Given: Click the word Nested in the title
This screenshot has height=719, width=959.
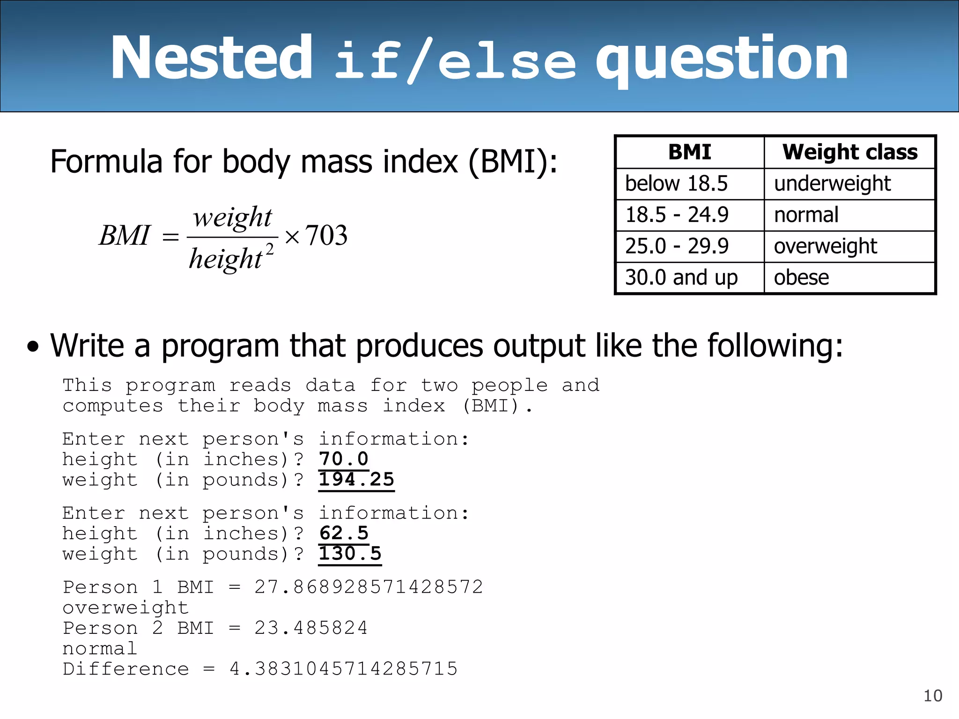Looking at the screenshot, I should pyautogui.click(x=211, y=58).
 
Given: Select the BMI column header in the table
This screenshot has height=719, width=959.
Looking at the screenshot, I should pyautogui.click(x=689, y=152).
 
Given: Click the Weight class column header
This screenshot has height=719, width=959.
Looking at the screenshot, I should pyautogui.click(x=849, y=152).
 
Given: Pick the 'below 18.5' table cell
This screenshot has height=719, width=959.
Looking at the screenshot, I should pyautogui.click(x=676, y=183).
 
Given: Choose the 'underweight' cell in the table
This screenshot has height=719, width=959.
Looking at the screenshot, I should pyautogui.click(x=832, y=183).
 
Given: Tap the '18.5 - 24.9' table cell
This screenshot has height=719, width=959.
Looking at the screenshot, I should pyautogui.click(x=677, y=215).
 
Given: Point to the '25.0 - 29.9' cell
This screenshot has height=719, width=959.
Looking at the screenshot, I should pyautogui.click(x=677, y=246).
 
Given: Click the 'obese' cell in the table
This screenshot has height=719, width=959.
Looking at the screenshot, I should pyautogui.click(x=801, y=278).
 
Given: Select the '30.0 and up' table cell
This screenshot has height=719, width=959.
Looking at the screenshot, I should pyautogui.click(x=681, y=278).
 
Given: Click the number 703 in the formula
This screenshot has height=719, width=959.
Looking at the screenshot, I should pyautogui.click(x=326, y=235).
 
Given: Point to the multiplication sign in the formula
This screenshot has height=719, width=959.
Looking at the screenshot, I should pyautogui.click(x=292, y=237).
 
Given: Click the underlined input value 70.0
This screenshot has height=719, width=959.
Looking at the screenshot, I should pyautogui.click(x=344, y=459).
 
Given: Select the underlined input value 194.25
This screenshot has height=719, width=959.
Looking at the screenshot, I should pyautogui.click(x=356, y=480).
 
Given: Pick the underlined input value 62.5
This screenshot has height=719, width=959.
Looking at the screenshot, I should pyautogui.click(x=344, y=534).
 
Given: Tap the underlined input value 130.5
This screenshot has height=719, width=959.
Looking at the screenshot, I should pyautogui.click(x=350, y=554).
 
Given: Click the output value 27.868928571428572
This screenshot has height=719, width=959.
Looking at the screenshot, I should pyautogui.click(x=369, y=587).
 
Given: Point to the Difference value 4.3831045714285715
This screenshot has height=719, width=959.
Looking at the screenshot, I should pyautogui.click(x=343, y=669).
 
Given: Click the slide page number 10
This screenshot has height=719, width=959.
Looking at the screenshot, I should pyautogui.click(x=932, y=696).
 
